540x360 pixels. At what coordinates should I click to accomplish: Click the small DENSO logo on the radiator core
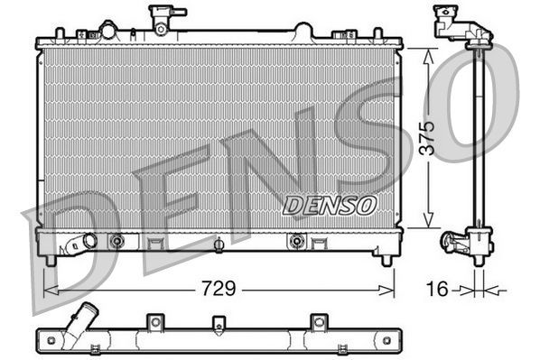pos(330,206)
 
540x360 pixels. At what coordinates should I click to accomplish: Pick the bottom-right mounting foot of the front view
pos(386,260)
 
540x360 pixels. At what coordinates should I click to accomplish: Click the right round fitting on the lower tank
pos(294,241)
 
